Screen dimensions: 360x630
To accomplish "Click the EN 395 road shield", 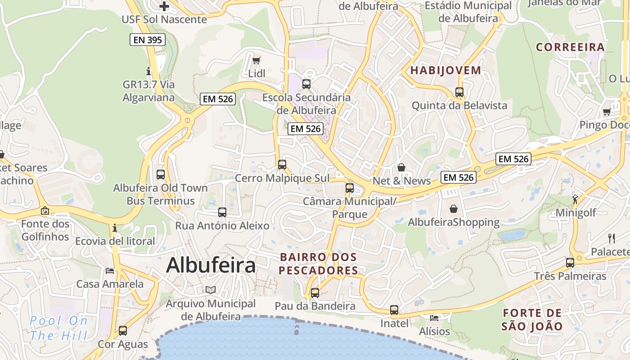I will click(148, 40).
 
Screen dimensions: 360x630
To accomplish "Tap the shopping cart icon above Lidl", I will click(256, 60).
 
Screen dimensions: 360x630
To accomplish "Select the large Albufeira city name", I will click(211, 265).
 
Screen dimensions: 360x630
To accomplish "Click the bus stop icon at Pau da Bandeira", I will click(315, 293).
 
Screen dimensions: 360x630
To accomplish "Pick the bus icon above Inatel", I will click(394, 310).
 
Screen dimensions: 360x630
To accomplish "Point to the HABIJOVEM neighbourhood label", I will click(446, 70).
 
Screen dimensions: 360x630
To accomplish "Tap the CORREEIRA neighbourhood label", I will click(570, 47).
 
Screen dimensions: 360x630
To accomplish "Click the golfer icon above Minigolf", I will click(575, 199).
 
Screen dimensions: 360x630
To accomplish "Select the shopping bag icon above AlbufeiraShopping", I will click(454, 209).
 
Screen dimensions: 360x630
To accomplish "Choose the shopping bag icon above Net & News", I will click(401, 167).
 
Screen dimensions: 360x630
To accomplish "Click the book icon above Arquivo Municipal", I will click(211, 290).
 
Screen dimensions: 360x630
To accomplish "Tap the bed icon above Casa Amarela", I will click(110, 270).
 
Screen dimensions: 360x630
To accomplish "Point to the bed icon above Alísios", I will click(434, 318).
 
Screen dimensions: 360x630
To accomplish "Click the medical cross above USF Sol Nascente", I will click(164, 6).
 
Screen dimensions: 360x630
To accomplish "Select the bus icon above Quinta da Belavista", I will click(459, 92).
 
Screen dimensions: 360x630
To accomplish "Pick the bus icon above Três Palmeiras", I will click(570, 263).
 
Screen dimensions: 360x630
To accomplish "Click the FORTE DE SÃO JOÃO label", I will click(532, 319).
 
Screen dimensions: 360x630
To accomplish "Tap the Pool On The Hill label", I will click(58, 328).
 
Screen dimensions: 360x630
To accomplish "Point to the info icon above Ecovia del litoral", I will click(115, 228).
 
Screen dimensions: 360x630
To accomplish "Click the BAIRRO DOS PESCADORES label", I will click(319, 264).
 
